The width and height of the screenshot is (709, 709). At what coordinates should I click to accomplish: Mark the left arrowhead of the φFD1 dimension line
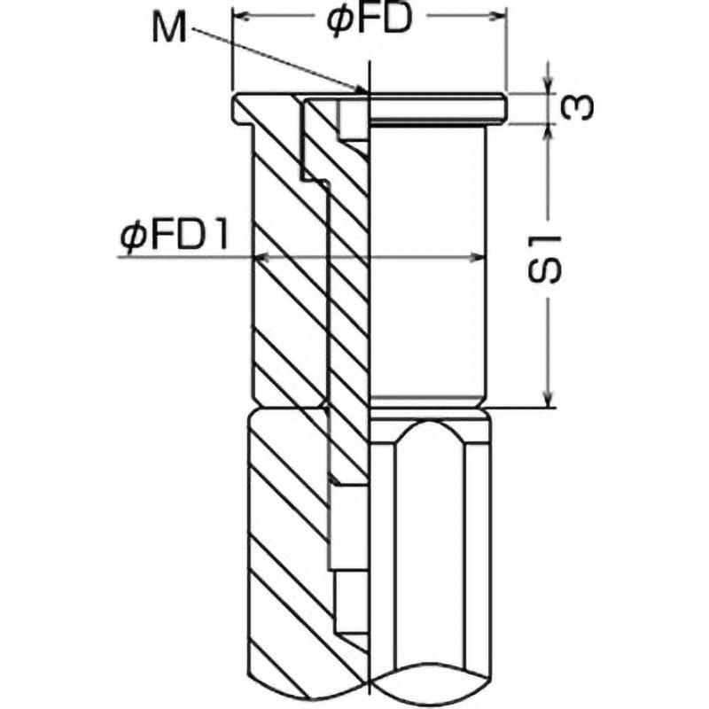(259, 257)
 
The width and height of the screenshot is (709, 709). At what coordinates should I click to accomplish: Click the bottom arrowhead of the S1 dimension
(549, 401)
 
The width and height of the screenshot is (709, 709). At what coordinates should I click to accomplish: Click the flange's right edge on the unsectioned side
(503, 107)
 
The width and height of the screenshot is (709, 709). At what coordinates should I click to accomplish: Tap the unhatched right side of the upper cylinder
(425, 266)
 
